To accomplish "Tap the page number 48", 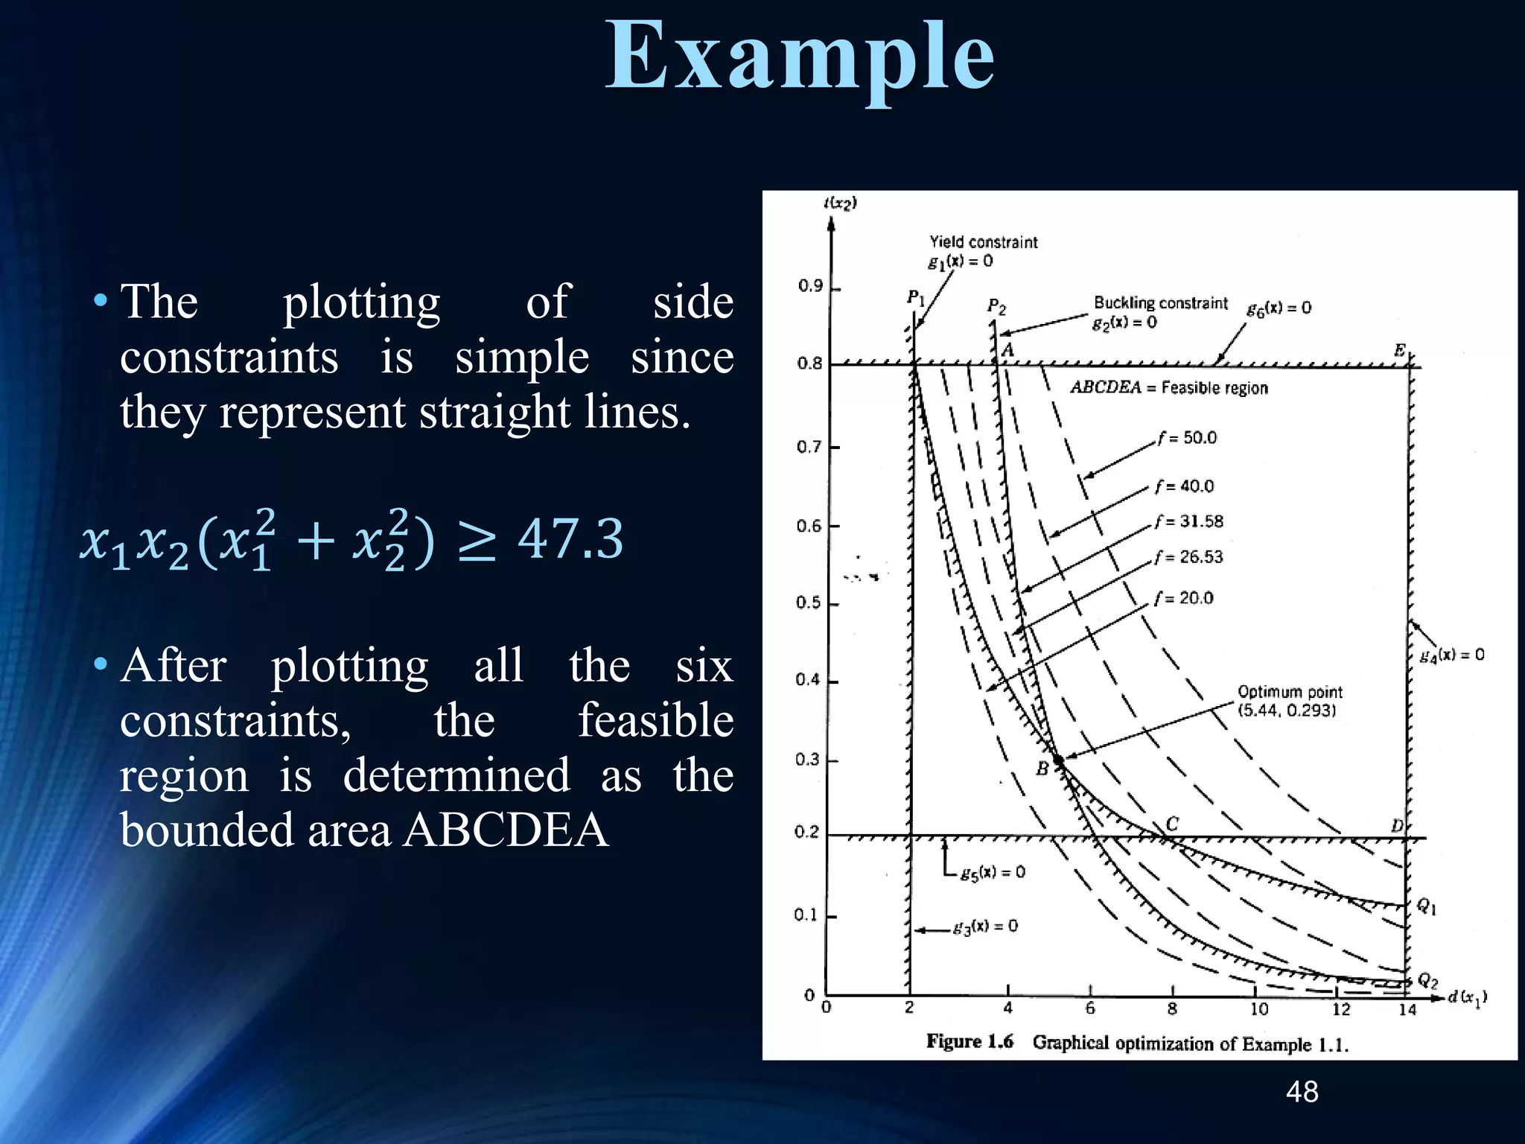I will click(x=1302, y=1092).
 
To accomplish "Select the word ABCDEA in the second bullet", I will click(x=506, y=830).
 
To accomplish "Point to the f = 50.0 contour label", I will click(x=1187, y=438).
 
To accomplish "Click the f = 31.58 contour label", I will click(x=1189, y=521).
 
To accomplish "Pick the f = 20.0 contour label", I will click(x=1184, y=598).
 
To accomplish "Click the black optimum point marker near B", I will click(x=1058, y=759).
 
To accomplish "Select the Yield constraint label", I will click(x=983, y=242).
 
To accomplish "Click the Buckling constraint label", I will click(x=1160, y=303).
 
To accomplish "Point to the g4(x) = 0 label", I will click(x=1451, y=655).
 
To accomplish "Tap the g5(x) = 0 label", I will click(x=993, y=872).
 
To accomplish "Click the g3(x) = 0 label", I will click(x=985, y=927).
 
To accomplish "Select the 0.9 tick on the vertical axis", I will click(x=810, y=286).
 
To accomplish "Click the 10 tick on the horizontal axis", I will click(x=1258, y=1009).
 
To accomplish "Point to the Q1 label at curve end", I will click(x=1426, y=906).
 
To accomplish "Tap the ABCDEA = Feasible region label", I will click(x=1168, y=387).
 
